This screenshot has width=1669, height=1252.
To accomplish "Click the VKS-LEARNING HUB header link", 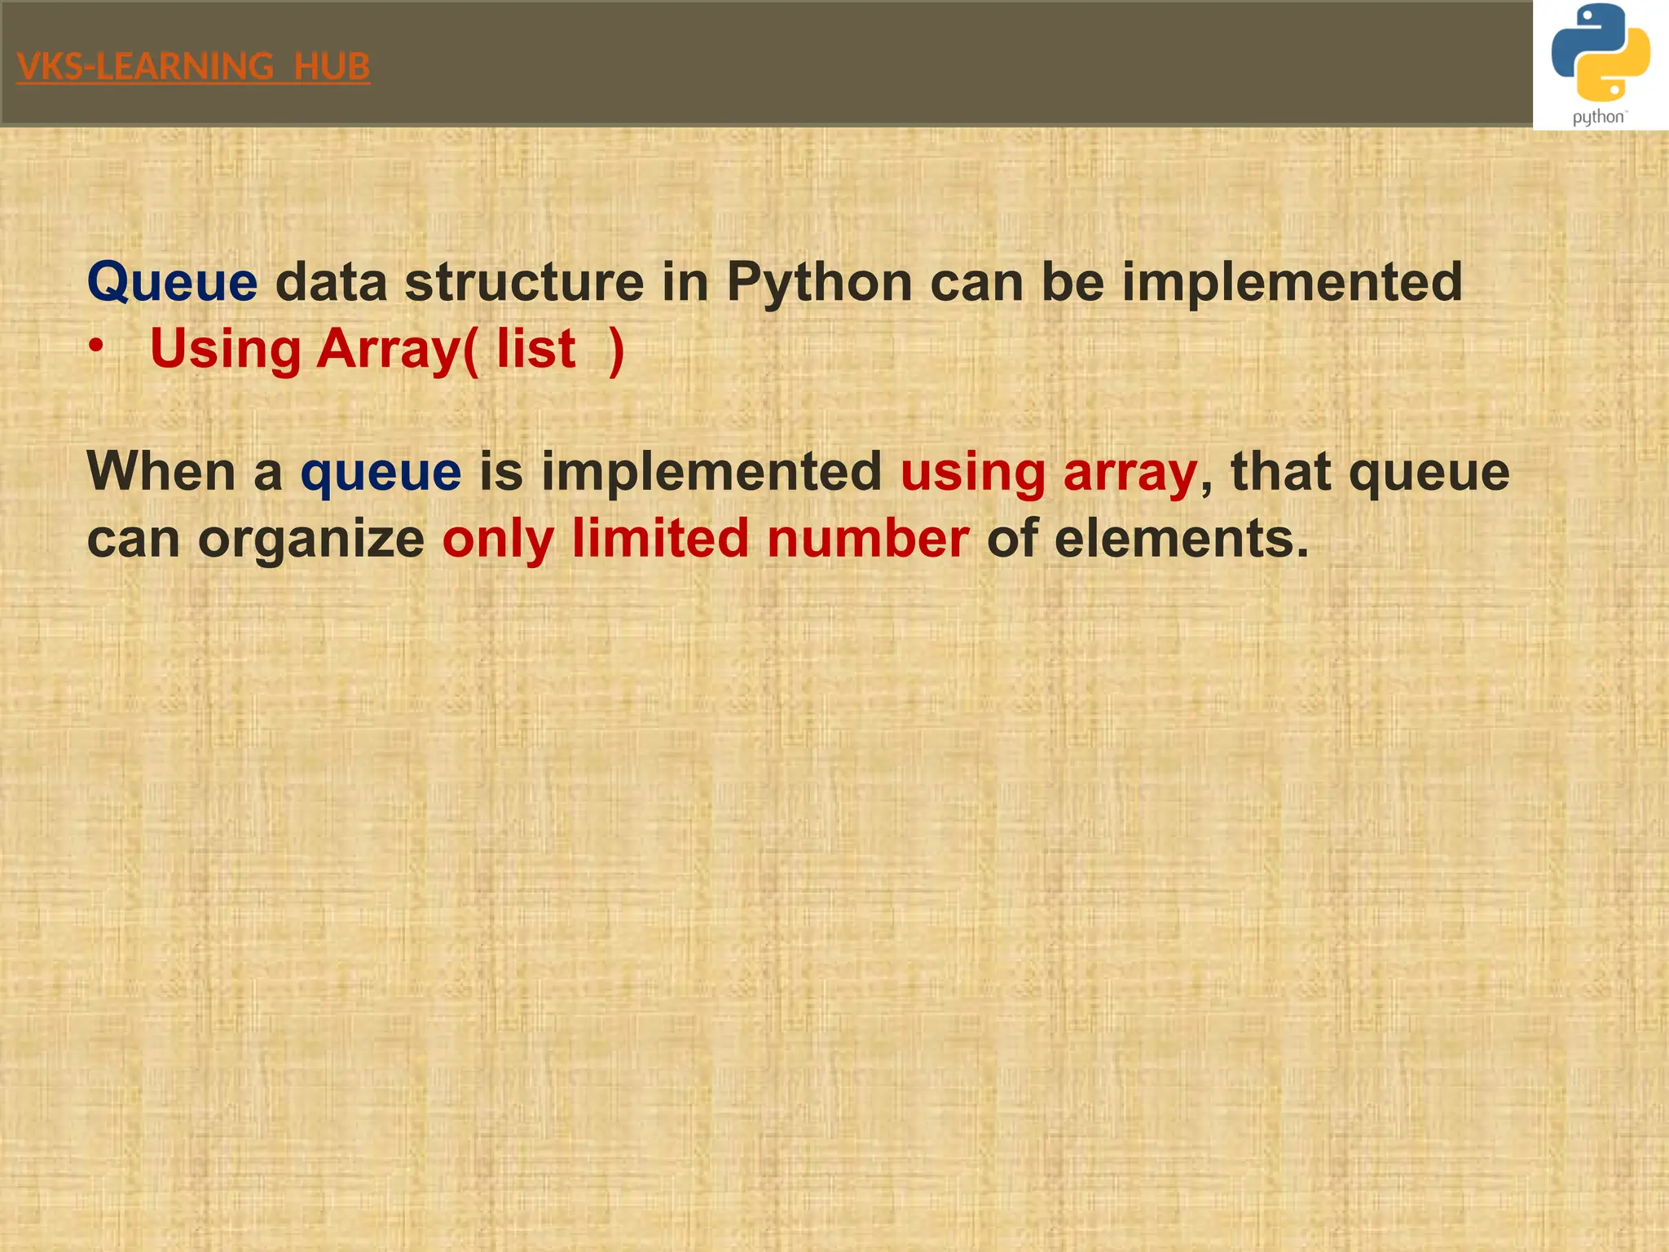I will pos(193,67).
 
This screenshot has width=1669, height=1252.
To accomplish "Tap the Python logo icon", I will pos(1600,52).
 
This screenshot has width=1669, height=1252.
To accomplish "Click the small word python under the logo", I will pos(1598,117).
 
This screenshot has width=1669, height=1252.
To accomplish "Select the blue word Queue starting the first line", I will pos(172,282).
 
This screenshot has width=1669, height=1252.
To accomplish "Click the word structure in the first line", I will pos(523,282).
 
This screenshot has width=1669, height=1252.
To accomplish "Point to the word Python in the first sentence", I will pos(819,282).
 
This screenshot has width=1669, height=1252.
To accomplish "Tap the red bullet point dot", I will pos(96,347).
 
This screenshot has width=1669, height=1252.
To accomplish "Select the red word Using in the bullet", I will pos(226,349).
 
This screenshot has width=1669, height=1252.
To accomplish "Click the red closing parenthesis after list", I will pos(616,349).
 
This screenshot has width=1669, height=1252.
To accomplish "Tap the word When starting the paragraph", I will pos(161,472).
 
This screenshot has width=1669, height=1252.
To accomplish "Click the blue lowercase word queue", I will pos(381,474).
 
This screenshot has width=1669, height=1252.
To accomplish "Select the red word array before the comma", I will pos(1130,474).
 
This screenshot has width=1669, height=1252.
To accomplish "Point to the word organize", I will pos(310,540).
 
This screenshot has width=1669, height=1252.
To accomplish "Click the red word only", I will pos(497,540).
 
